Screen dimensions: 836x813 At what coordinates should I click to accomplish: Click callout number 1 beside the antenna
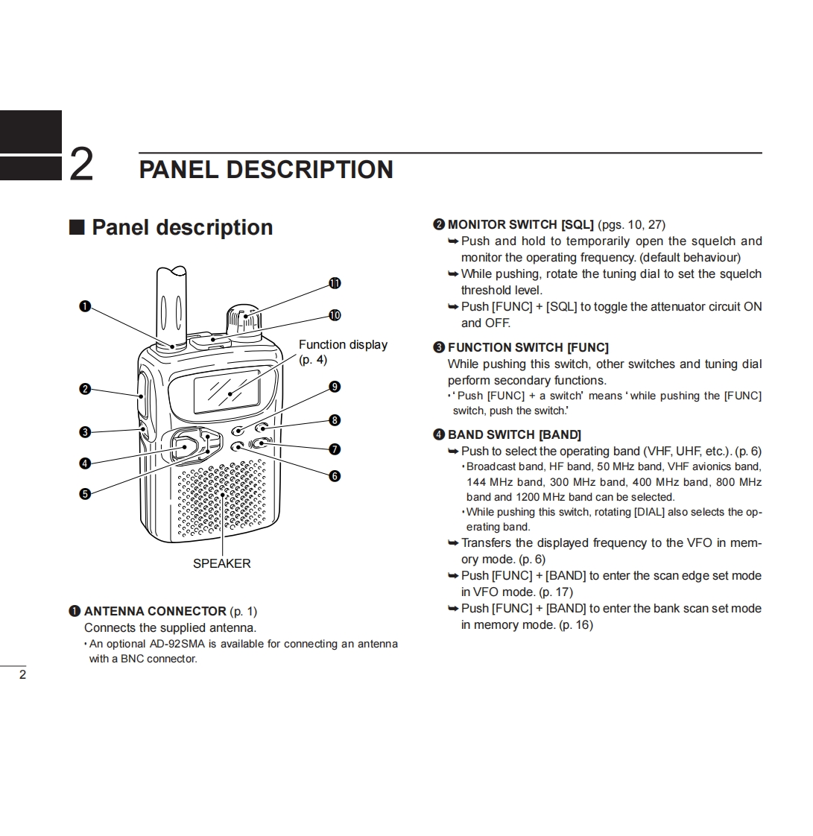85,306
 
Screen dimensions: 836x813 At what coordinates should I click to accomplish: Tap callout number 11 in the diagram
335,283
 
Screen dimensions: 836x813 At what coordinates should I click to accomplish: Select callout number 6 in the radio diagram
335,476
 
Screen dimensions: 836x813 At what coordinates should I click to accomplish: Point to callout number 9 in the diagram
335,387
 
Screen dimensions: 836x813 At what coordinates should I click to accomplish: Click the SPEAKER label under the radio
221,563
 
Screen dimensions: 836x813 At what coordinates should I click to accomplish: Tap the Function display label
343,345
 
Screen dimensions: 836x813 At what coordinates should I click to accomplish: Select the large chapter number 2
81,164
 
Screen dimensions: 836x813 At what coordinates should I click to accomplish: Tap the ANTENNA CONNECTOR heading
155,611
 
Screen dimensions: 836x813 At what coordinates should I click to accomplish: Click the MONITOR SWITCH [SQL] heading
520,224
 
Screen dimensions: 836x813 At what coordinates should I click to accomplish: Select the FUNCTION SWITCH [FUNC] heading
528,347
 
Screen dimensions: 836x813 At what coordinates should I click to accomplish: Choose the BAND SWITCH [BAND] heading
514,434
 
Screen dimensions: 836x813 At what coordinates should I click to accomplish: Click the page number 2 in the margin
22,675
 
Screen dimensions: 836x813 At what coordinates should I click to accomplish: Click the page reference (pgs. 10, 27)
631,224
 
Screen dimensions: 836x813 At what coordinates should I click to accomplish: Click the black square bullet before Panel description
77,227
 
